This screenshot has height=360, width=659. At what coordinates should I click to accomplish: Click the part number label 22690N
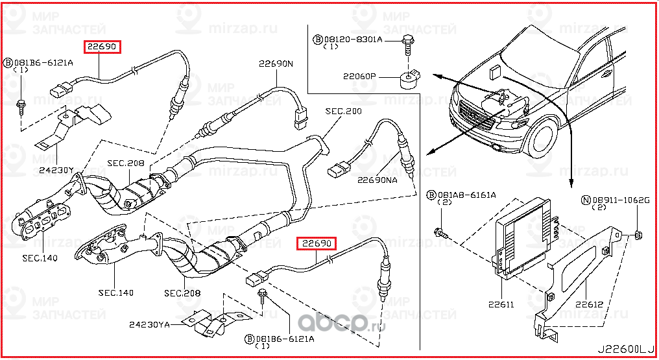click(x=276, y=64)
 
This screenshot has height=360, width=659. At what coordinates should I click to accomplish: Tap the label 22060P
click(x=360, y=77)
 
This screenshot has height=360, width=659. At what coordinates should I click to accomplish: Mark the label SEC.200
click(x=344, y=112)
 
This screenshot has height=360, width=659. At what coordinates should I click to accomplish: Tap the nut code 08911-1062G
click(x=621, y=200)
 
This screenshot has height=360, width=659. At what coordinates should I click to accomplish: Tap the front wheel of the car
click(x=538, y=138)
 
